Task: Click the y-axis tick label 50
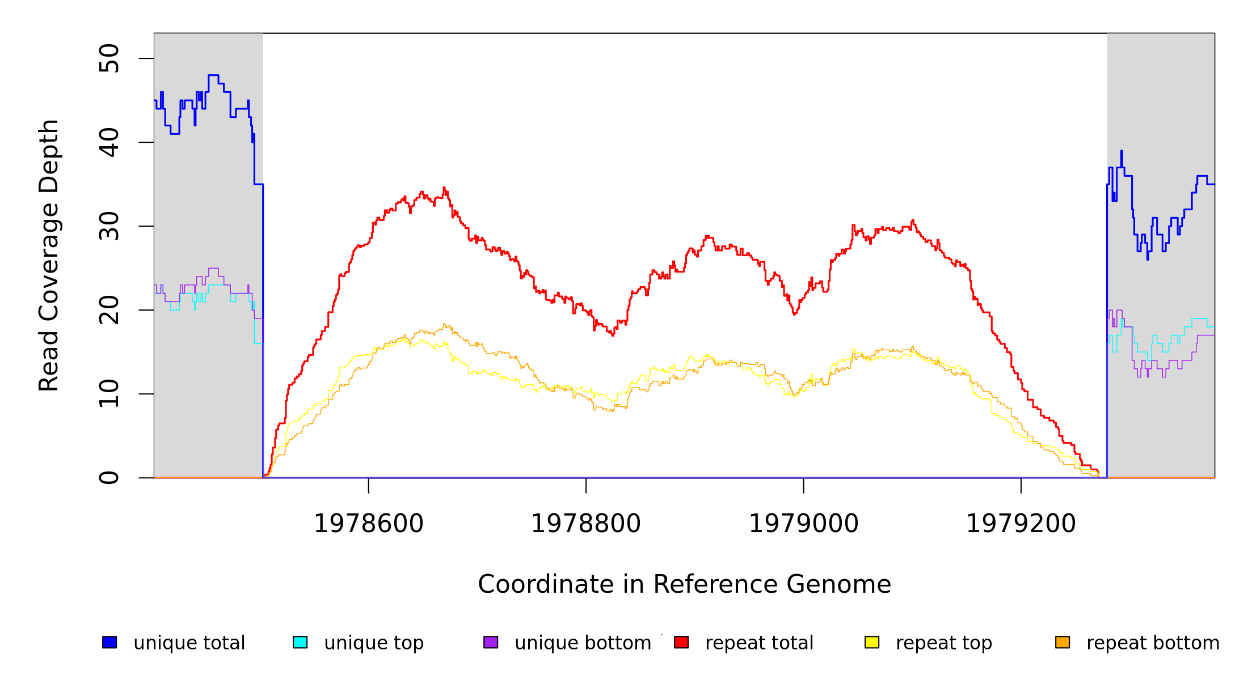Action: coord(109,58)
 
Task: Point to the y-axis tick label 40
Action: coord(109,142)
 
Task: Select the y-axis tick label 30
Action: coord(109,226)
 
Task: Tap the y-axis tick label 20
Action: coord(109,310)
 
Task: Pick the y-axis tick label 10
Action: coord(109,394)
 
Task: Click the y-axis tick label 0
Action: coord(109,478)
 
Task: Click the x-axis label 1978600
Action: coord(369,524)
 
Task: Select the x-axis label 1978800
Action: coord(586,524)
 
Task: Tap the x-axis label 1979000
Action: coord(804,524)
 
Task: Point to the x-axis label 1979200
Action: coord(1021,524)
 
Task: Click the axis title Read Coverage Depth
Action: coord(49,255)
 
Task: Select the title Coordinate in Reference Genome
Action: coord(684,584)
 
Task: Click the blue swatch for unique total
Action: coord(109,642)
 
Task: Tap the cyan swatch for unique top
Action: coord(300,642)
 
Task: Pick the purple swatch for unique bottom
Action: coord(491,642)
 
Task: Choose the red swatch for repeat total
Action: coord(681,642)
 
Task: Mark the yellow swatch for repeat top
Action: coord(872,642)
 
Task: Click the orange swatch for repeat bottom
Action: coord(1063,642)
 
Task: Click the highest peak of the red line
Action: coord(444,188)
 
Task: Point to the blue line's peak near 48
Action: coord(213,75)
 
